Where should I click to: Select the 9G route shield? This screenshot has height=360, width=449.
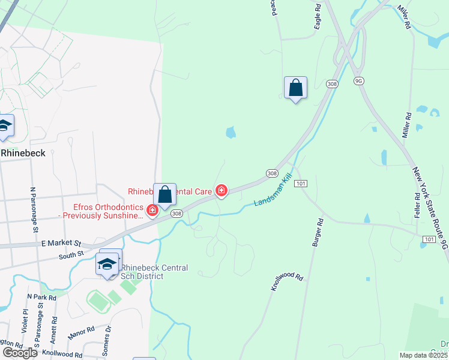359,80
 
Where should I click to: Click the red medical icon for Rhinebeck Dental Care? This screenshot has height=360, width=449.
221,191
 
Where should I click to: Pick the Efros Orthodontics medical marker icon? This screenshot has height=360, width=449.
152,210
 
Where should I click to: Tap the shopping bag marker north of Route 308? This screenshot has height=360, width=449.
295,88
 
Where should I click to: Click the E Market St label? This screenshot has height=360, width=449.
61,244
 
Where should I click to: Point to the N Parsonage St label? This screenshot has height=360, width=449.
34,210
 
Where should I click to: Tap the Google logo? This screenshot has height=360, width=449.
19,353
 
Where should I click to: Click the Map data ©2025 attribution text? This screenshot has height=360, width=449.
424,355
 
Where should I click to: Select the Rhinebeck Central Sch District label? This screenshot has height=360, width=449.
155,272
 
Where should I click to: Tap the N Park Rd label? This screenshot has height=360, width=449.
42,297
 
